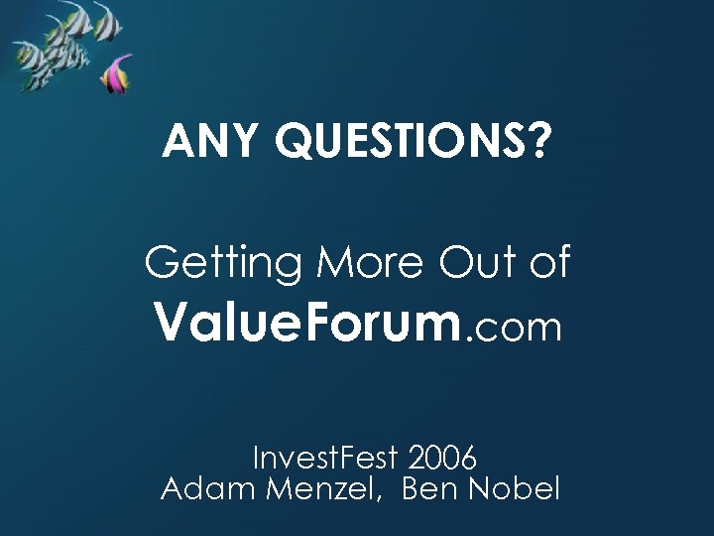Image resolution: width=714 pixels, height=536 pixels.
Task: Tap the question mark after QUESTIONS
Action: tap(536, 142)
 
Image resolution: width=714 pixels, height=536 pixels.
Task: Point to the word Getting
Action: tap(223, 264)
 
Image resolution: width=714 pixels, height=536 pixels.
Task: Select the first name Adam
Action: tap(203, 489)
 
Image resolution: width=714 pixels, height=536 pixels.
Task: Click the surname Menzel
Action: tap(320, 489)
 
